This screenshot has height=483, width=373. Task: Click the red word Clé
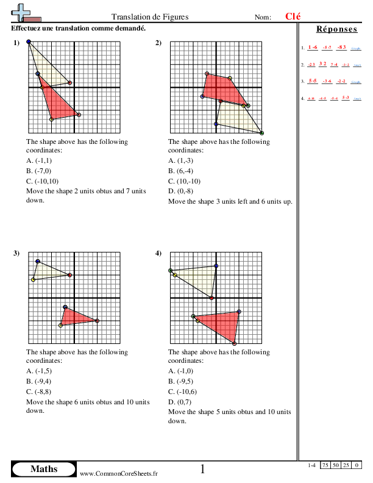(293, 16)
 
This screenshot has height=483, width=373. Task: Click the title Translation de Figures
(150, 17)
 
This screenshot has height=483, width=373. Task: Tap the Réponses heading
(337, 29)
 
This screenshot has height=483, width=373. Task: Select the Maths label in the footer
(44, 469)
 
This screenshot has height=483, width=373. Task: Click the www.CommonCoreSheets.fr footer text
(119, 473)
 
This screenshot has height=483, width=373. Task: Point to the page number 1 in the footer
(202, 469)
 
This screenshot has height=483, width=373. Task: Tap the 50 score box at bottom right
(337, 465)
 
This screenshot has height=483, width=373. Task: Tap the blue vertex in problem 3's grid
(38, 262)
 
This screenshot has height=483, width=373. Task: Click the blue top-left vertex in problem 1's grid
(29, 42)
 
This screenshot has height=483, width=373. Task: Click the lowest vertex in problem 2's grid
(261, 132)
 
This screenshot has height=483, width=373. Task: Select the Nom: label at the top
(263, 17)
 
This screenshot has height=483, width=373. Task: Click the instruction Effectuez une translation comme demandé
(78, 29)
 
